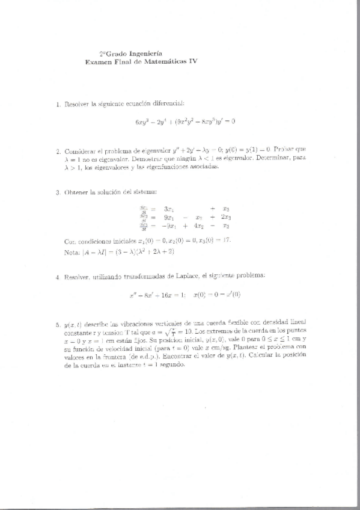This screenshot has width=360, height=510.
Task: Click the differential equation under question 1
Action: coord(185,121)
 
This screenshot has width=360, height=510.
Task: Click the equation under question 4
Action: coord(185,295)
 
